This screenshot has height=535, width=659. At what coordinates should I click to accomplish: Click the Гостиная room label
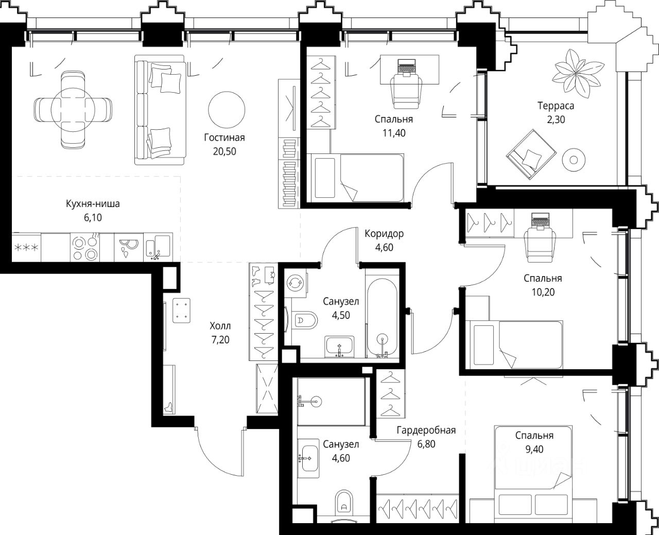click(x=224, y=137)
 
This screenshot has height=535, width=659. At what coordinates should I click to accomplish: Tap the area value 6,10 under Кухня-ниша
click(x=93, y=217)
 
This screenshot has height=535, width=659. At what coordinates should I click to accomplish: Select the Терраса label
click(x=556, y=106)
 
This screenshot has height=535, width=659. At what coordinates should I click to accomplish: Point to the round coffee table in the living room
click(x=227, y=110)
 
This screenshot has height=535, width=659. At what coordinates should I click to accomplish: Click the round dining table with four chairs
click(x=73, y=110)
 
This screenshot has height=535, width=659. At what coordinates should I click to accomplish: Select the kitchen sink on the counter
click(x=158, y=247)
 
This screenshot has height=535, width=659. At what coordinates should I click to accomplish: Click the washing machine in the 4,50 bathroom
click(x=295, y=283)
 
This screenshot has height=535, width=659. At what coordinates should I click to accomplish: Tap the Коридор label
click(x=384, y=234)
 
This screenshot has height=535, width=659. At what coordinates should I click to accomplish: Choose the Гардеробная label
click(x=426, y=430)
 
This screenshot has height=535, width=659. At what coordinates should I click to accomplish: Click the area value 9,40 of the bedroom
click(x=534, y=450)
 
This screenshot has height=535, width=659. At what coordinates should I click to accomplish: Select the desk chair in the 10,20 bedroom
click(x=540, y=248)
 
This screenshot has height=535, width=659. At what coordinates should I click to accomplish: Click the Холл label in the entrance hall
click(x=220, y=326)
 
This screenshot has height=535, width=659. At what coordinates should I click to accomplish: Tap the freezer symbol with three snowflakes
click(x=26, y=248)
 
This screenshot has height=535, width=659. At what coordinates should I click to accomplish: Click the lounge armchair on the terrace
click(x=531, y=154)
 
